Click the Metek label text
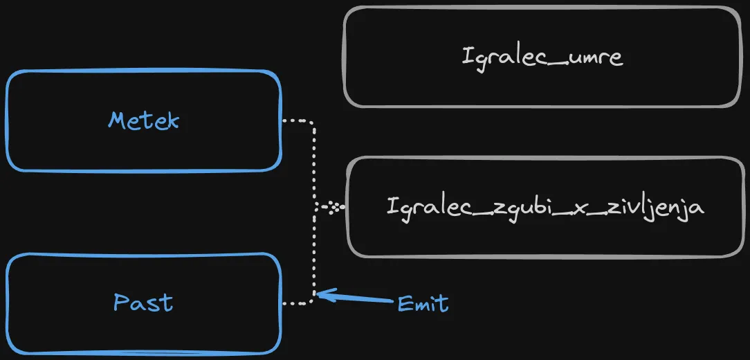point(143,120)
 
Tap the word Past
point(143,303)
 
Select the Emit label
point(423,303)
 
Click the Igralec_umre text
point(542,57)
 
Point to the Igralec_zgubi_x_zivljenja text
point(545,206)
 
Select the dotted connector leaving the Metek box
point(298,121)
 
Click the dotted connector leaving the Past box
point(298,303)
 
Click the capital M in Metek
point(116,120)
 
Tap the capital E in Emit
point(405,303)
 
